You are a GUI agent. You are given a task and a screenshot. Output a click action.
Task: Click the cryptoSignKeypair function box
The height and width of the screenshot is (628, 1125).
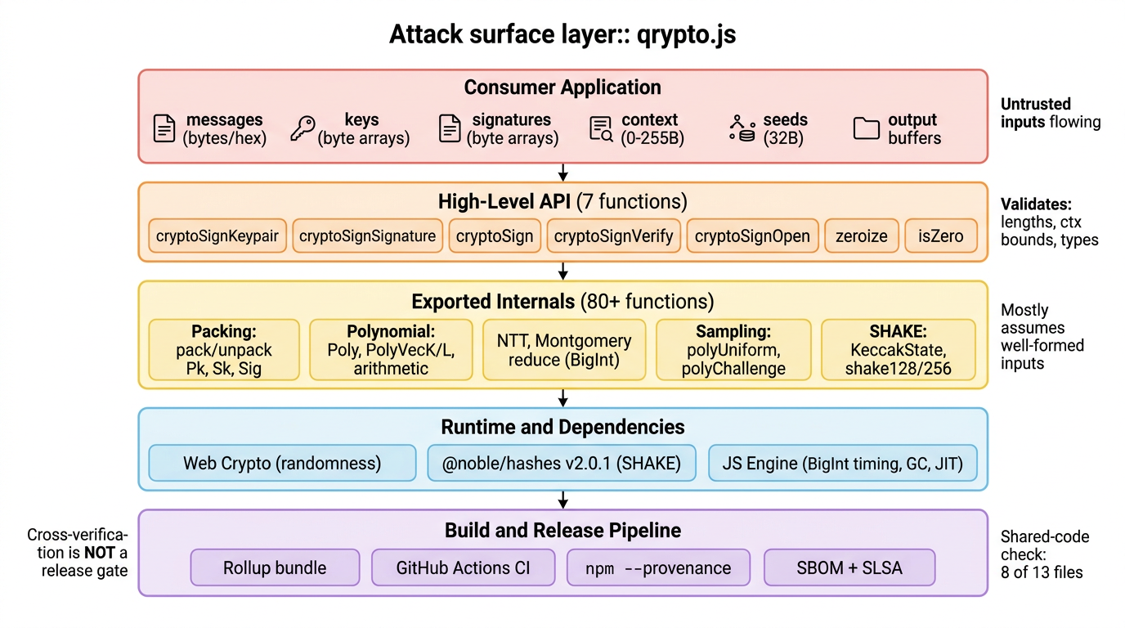(217, 236)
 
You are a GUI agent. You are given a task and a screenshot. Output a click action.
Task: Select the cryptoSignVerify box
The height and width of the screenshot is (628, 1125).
(613, 236)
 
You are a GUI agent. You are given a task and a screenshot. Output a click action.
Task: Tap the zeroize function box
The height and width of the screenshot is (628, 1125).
(861, 236)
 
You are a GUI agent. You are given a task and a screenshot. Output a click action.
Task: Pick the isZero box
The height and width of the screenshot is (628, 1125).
(940, 236)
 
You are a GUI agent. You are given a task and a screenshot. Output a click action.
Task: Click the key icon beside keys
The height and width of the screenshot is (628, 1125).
(303, 129)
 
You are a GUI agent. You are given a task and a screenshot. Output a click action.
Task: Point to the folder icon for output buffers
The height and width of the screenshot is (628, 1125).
(866, 129)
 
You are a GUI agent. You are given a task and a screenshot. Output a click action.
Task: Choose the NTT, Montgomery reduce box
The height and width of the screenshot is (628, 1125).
(563, 350)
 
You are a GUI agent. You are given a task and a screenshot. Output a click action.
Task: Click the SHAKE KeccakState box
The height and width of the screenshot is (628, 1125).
(898, 350)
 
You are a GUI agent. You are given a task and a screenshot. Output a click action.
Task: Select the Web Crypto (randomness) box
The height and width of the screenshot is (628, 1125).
(282, 464)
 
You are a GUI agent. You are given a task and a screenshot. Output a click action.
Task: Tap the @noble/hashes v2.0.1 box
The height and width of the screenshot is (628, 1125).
(561, 464)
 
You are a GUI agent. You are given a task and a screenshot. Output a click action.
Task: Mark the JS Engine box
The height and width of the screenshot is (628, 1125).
(842, 464)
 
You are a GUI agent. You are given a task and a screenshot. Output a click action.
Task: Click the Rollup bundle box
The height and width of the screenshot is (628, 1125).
(275, 567)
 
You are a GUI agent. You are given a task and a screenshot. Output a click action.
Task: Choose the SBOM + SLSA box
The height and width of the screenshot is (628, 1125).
(849, 567)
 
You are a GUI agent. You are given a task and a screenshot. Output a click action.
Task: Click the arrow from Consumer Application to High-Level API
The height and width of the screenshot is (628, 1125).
(563, 173)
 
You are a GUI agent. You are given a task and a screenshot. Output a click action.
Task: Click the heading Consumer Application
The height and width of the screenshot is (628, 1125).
(562, 87)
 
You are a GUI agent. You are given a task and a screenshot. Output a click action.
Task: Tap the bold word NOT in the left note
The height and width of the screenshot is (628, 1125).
(99, 553)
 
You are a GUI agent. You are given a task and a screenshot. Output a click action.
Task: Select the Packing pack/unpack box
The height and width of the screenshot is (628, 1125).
(224, 350)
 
